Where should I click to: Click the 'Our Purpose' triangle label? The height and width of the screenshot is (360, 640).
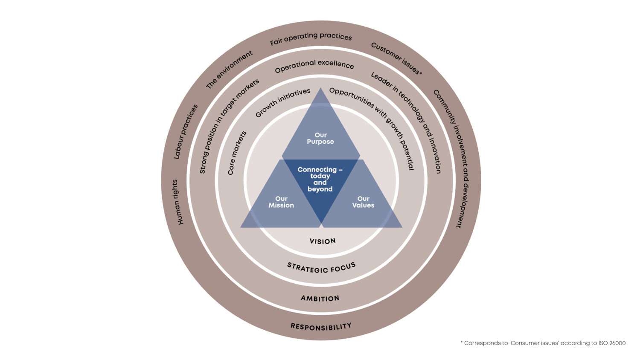pyautogui.click(x=320, y=138)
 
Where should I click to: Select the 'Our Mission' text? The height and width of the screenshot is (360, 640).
pyautogui.click(x=281, y=202)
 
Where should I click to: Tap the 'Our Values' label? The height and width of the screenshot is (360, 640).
pyautogui.click(x=363, y=202)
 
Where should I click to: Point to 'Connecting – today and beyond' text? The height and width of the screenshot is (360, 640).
pyautogui.click(x=320, y=179)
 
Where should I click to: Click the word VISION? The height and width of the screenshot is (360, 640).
pyautogui.click(x=323, y=241)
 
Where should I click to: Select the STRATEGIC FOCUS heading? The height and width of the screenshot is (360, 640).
pyautogui.click(x=321, y=268)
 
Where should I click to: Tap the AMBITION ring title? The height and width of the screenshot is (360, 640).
pyautogui.click(x=320, y=299)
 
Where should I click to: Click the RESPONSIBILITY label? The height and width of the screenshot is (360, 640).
pyautogui.click(x=321, y=327)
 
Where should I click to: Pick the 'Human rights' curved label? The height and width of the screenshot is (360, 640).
pyautogui.click(x=178, y=202)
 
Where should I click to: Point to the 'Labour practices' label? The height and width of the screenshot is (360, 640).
pyautogui.click(x=185, y=131)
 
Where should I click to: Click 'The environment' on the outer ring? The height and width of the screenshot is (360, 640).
pyautogui.click(x=229, y=70)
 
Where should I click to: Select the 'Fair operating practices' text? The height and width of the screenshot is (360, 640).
pyautogui.click(x=311, y=38)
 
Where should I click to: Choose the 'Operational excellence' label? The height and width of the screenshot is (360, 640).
pyautogui.click(x=314, y=66)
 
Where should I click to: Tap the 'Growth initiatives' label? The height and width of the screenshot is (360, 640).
pyautogui.click(x=282, y=102)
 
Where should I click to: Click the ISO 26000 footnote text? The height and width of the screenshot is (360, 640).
pyautogui.click(x=543, y=343)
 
